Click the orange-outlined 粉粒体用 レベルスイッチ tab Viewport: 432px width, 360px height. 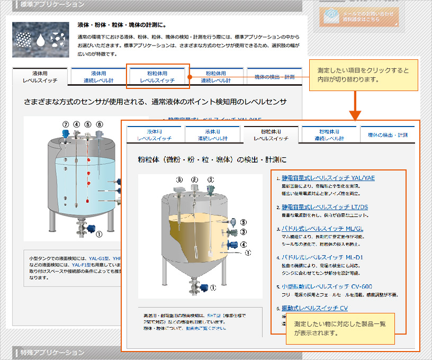tap(157, 76)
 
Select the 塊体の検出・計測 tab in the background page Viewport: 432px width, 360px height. tap(274, 77)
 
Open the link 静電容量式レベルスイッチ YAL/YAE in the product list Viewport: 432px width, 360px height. tap(328, 178)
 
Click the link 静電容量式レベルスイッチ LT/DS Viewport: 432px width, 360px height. tap(325, 206)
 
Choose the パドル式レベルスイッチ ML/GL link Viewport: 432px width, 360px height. tap(322, 229)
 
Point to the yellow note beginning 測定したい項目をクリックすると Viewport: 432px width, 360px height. tap(363, 75)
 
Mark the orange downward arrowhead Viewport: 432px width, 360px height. tap(355, 114)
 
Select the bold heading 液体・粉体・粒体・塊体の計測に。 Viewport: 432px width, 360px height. tap(122, 25)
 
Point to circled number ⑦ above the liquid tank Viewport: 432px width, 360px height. tap(66, 124)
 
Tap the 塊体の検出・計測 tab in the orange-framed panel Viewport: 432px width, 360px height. tap(388, 135)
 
